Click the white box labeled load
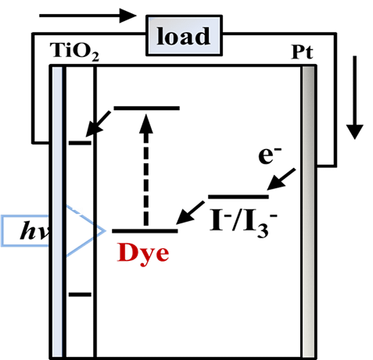point(184,36)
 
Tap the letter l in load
point(160,36)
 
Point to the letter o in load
point(171,38)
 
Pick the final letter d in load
point(200,36)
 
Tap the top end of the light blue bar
point(57,69)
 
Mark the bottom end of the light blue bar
point(57,354)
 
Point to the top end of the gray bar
point(308,69)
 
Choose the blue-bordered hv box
point(25,231)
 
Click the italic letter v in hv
point(43,232)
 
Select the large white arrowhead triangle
point(78,231)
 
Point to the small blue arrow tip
point(101,231)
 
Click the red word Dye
point(143,252)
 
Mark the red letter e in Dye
point(162,254)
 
